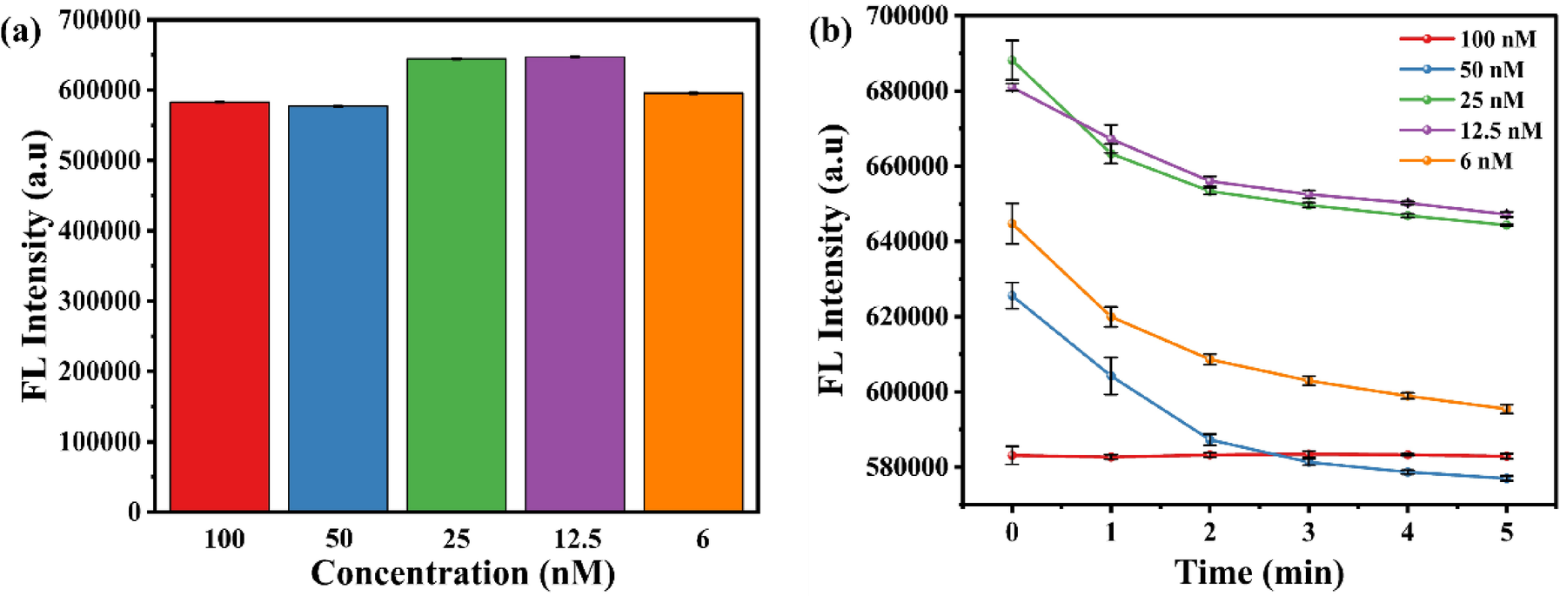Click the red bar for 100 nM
219,306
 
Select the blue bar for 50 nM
338,308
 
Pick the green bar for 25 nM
456,285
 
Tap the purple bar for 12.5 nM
574,284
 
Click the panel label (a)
21,32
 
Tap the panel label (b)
829,32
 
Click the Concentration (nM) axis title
462,573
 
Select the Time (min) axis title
1259,573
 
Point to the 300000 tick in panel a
99,301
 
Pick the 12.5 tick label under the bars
577,539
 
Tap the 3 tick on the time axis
1309,532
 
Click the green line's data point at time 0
1012,60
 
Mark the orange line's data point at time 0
1012,224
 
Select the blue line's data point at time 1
1111,376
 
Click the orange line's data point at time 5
1507,409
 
